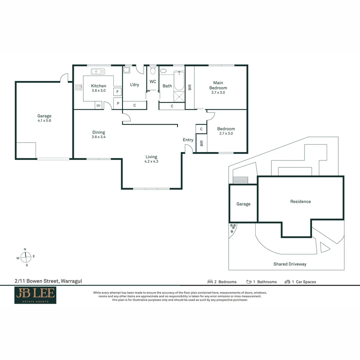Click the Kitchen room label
point(99,86)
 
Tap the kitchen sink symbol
point(98,71)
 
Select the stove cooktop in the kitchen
point(79,87)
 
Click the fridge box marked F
point(118,92)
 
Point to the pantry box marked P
point(118,103)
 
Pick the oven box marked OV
point(98,106)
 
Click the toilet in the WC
point(153,71)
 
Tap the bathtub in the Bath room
point(179,81)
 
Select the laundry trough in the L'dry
point(127,70)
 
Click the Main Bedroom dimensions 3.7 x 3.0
point(218,93)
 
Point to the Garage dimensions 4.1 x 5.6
point(44,121)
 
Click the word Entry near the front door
point(188,140)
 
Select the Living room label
point(151,157)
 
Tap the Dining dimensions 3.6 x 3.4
point(99,137)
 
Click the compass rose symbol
point(26,257)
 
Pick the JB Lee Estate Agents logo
point(35,295)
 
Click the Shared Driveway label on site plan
point(290,264)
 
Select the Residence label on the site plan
point(300,201)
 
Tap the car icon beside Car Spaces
point(287,282)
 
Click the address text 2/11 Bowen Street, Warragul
point(48,281)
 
